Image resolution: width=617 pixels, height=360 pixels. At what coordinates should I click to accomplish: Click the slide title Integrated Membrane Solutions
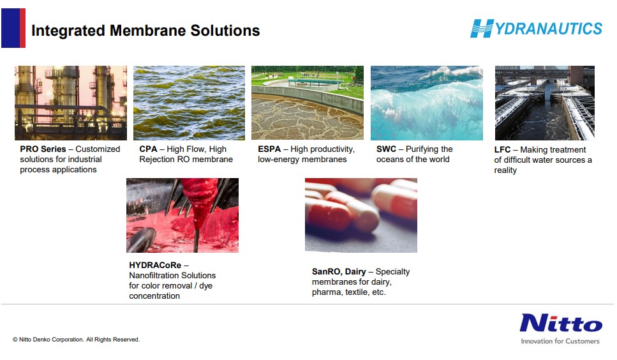coord(145,31)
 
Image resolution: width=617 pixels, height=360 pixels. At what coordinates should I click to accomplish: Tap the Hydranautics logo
coord(537,28)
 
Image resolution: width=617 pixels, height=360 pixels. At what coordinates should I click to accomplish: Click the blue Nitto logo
coord(561,324)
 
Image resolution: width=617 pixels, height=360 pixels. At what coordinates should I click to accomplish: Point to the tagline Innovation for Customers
coord(560,341)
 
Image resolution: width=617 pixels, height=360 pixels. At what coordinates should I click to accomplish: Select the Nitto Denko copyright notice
coord(76,340)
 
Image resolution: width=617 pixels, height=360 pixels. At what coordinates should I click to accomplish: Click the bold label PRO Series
coord(43,149)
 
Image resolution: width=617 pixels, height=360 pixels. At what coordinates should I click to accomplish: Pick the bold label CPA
coord(148,149)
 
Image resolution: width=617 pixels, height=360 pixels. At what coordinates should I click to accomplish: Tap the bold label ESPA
coord(269,149)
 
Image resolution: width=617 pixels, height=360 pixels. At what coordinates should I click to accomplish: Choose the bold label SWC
coord(386,149)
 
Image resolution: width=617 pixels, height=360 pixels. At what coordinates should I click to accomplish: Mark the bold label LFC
coord(502,150)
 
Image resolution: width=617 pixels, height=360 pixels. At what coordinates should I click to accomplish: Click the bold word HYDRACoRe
coord(155,265)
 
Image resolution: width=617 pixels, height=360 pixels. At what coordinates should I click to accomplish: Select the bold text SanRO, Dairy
coord(339,271)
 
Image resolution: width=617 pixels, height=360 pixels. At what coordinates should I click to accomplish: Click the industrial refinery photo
coord(71,103)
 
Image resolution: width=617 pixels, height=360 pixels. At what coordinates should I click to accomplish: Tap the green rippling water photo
coord(189,103)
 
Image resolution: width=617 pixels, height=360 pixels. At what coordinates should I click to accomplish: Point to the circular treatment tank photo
coord(308,103)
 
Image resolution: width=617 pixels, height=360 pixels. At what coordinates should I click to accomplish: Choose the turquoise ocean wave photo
coord(427,103)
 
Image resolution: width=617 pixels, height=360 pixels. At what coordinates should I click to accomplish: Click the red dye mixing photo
coord(182,216)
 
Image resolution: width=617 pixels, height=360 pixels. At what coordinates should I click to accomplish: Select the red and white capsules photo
coord(361,216)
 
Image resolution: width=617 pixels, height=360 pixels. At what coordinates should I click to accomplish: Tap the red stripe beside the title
coord(22,28)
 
